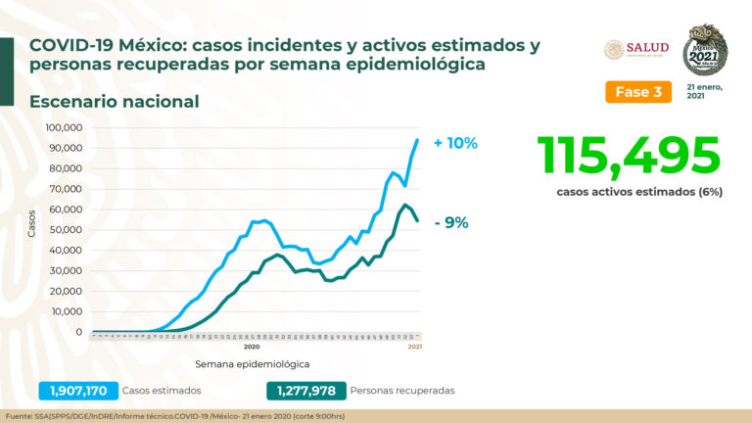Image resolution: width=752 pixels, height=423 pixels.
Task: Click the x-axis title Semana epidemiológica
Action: pos(252,364)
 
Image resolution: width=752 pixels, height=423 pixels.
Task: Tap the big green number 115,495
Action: pos(628,155)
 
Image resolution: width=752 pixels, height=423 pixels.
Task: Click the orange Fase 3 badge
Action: pos(637,92)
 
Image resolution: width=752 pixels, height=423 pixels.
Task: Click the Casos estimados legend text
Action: pos(164,391)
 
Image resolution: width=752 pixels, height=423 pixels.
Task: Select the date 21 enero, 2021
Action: pos(705,91)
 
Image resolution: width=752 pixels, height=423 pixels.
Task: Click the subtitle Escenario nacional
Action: pos(115,101)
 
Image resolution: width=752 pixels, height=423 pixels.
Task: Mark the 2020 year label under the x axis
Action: pos(251,347)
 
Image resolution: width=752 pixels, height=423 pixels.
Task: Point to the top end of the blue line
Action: pos(418,139)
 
